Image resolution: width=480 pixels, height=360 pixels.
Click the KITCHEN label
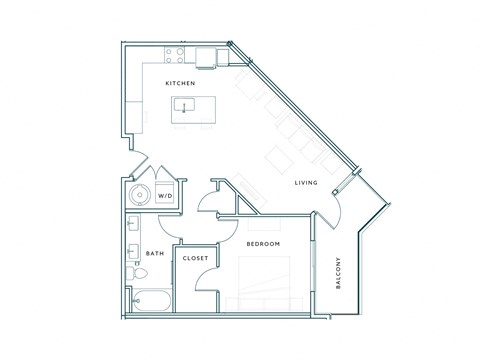[180, 84]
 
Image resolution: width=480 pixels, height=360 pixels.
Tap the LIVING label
[305, 183]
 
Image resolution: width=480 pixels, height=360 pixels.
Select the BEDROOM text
[262, 244]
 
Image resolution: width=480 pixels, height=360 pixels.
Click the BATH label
[154, 254]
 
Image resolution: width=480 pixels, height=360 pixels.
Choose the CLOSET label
[195, 259]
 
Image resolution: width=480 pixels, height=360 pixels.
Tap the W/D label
[165, 196]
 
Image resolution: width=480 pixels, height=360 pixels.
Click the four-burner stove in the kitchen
[174, 56]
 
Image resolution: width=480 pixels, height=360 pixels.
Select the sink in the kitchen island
[185, 106]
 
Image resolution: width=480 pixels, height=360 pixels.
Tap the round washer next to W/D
[140, 195]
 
